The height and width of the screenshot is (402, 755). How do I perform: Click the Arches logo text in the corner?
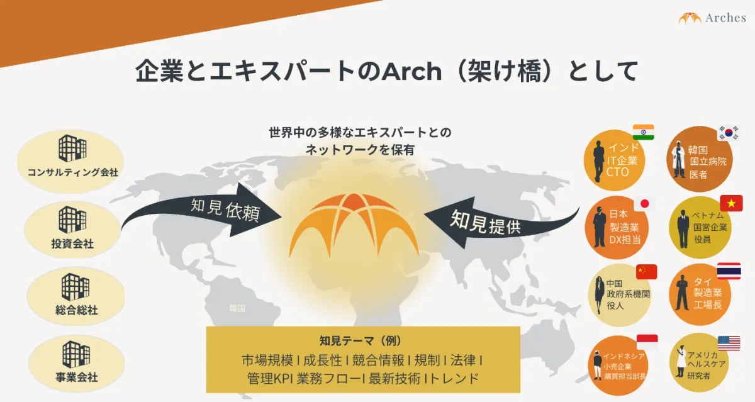tap(725, 18)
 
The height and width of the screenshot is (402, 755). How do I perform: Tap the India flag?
tap(644, 132)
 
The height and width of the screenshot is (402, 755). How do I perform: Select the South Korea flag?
tap(729, 133)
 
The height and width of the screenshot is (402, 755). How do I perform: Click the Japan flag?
tap(645, 204)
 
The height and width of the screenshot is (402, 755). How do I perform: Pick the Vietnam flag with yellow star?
tap(731, 203)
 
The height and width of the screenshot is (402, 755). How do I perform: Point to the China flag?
tap(647, 272)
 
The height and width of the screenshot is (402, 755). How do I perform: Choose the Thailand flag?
tap(729, 271)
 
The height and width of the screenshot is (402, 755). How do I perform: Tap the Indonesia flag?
tap(647, 342)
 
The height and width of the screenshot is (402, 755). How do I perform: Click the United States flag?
tap(729, 343)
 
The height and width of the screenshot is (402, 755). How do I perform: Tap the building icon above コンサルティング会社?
tap(72, 148)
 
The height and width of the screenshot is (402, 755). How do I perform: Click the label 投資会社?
tap(72, 243)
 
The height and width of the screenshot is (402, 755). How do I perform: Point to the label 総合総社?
tap(77, 310)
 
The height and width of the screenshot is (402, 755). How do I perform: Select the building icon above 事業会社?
tap(76, 354)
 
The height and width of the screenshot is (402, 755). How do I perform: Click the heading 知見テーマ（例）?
tap(361, 341)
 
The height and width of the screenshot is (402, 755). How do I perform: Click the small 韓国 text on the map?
tap(237, 308)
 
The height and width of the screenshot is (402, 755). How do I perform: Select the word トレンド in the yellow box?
tap(454, 379)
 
